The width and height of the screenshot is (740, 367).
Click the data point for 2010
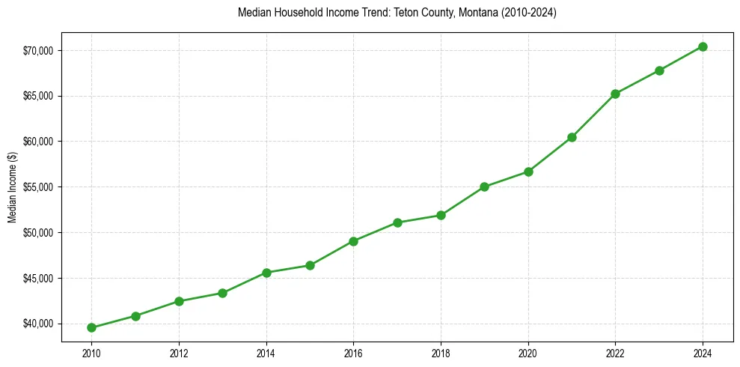pyautogui.click(x=91, y=327)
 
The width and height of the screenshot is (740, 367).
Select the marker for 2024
pyautogui.click(x=703, y=46)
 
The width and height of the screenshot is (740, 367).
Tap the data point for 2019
pyautogui.click(x=484, y=186)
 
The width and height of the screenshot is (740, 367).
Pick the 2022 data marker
pyautogui.click(x=615, y=94)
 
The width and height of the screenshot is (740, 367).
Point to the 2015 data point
pyautogui.click(x=310, y=265)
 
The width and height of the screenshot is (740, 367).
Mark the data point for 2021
pyautogui.click(x=572, y=137)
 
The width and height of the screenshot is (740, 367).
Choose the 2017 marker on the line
pyautogui.click(x=397, y=222)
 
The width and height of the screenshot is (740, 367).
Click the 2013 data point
pyautogui.click(x=222, y=293)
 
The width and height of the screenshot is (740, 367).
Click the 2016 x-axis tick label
pyautogui.click(x=353, y=353)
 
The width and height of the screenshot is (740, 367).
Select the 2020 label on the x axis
pyautogui.click(x=528, y=353)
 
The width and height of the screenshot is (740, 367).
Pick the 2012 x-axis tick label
pyautogui.click(x=179, y=353)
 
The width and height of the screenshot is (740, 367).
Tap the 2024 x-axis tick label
pyautogui.click(x=703, y=353)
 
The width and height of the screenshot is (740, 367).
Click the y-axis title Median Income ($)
pyautogui.click(x=12, y=186)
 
